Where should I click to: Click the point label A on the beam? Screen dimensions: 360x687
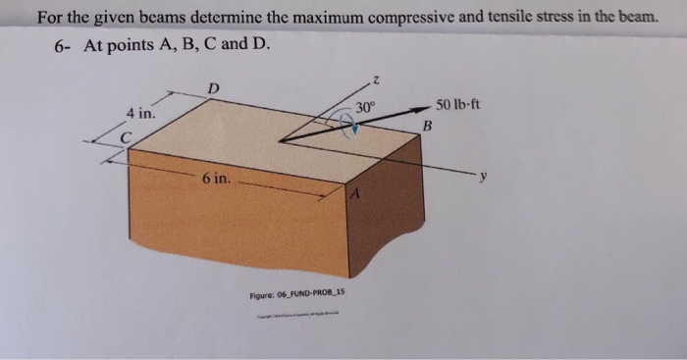pyautogui.click(x=357, y=196)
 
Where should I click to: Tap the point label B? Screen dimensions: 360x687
pyautogui.click(x=427, y=127)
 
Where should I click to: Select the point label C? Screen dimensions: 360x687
pyautogui.click(x=126, y=138)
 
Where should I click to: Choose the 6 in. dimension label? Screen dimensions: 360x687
pyautogui.click(x=216, y=180)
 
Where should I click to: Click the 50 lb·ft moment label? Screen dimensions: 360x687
pyautogui.click(x=457, y=104)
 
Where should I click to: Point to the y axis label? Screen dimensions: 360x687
pyautogui.click(x=482, y=177)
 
